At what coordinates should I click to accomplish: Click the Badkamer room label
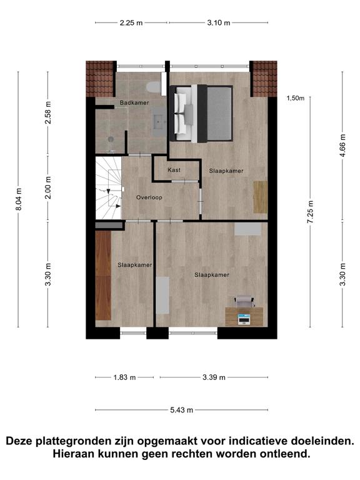(134, 103)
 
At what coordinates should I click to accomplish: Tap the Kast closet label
(174, 170)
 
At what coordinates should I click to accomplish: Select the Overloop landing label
(149, 197)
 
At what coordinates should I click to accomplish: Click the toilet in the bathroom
(153, 87)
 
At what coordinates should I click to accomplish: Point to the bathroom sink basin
(160, 121)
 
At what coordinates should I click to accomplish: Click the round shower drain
(111, 139)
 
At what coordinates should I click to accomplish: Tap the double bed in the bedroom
(201, 113)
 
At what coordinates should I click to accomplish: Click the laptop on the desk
(244, 319)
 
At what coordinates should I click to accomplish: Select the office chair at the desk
(244, 301)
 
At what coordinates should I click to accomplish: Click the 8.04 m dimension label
(19, 199)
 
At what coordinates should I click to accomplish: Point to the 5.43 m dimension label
(181, 410)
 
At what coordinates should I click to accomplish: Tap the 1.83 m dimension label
(124, 377)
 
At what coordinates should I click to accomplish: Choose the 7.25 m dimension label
(311, 212)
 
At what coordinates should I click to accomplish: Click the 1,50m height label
(296, 98)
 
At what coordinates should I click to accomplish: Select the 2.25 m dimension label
(131, 22)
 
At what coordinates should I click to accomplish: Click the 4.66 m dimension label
(343, 146)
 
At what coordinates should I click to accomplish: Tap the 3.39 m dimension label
(214, 377)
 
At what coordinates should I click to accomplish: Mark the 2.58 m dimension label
(48, 112)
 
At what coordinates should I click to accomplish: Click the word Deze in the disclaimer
(19, 441)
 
